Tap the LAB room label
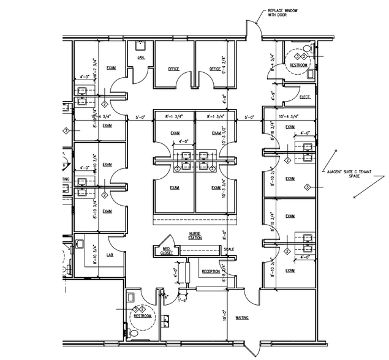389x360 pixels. tap(111, 255)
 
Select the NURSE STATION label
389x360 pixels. tap(195, 236)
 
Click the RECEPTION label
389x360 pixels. tap(211, 271)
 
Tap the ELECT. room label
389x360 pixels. tap(304, 97)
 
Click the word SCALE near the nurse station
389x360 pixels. tap(228, 249)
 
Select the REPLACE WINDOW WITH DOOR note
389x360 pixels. tap(280, 13)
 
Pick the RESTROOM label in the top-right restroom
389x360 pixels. tap(298, 65)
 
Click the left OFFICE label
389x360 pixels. tap(173, 69)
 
